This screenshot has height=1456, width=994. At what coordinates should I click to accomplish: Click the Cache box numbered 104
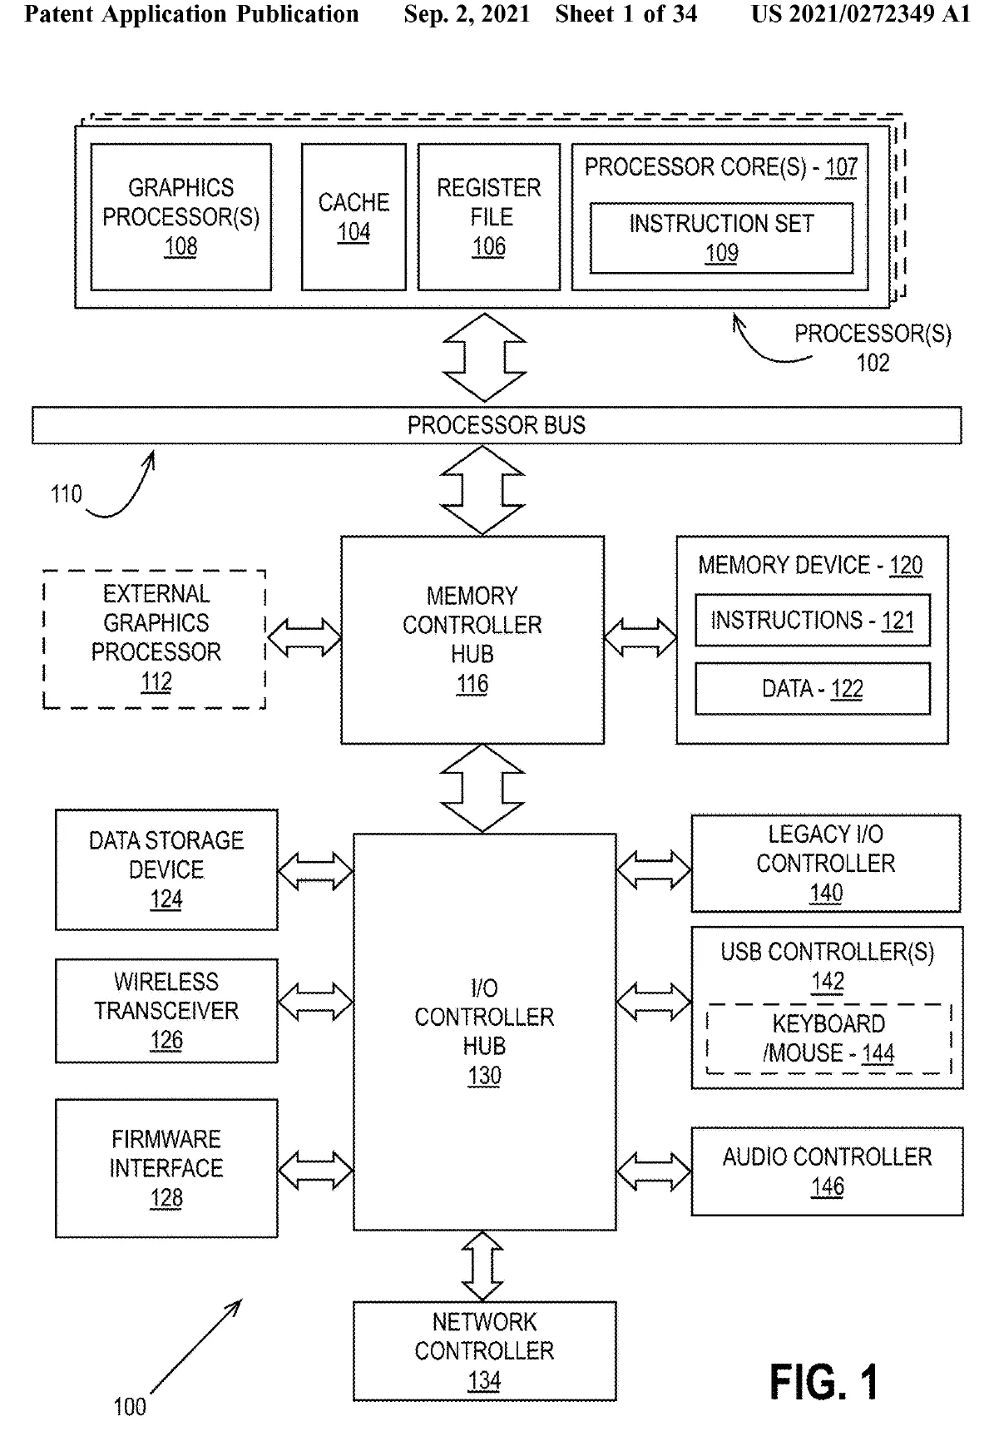pyautogui.click(x=354, y=217)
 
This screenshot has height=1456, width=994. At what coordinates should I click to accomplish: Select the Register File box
pyautogui.click(x=489, y=217)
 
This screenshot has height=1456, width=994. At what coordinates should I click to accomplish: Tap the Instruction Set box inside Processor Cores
pyautogui.click(x=721, y=238)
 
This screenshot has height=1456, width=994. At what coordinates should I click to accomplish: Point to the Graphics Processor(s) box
pyautogui.click(x=181, y=217)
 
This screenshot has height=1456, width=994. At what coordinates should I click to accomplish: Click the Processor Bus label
pyautogui.click(x=496, y=425)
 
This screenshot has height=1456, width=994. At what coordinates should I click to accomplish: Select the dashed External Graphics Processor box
pyautogui.click(x=155, y=639)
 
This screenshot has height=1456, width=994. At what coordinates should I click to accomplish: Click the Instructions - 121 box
pyautogui.click(x=812, y=621)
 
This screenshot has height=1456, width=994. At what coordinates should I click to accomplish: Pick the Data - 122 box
pyautogui.click(x=812, y=689)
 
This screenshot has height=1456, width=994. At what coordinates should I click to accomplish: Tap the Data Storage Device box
pyautogui.click(x=166, y=869)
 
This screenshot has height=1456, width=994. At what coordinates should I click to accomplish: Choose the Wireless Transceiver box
pyautogui.click(x=166, y=1011)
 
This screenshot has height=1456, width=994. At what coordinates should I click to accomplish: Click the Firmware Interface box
pyautogui.click(x=166, y=1168)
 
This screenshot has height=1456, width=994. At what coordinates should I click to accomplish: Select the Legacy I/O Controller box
pyautogui.click(x=825, y=864)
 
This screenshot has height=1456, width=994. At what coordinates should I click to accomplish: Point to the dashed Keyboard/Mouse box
pyautogui.click(x=828, y=1039)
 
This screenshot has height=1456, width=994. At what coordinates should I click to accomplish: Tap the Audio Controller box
pyautogui.click(x=827, y=1171)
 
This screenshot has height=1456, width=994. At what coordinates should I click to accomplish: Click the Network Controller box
pyautogui.click(x=484, y=1351)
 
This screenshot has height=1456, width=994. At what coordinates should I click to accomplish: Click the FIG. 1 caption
pyautogui.click(x=823, y=1383)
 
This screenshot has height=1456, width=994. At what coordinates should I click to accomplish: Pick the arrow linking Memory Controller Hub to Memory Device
pyautogui.click(x=640, y=638)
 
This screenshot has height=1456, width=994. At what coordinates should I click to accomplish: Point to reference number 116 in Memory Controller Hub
pyautogui.click(x=472, y=685)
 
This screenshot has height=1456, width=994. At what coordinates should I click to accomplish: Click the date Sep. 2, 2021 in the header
pyautogui.click(x=467, y=14)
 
